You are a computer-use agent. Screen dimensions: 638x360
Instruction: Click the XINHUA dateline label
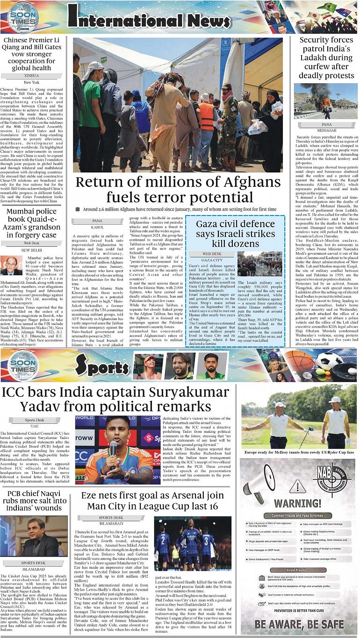[x=31, y=75]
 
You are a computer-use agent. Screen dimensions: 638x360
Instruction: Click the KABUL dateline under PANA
[x=97, y=227]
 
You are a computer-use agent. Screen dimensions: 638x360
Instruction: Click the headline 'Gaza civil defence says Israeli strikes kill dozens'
[x=235, y=234]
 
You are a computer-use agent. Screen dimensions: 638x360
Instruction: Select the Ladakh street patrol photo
[x=326, y=101]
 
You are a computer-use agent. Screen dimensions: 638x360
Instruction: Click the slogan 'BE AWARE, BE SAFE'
[x=300, y=624]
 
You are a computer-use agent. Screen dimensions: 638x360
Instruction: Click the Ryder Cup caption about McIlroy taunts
[x=299, y=452]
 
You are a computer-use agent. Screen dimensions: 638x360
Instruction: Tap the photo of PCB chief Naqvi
[x=33, y=537]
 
